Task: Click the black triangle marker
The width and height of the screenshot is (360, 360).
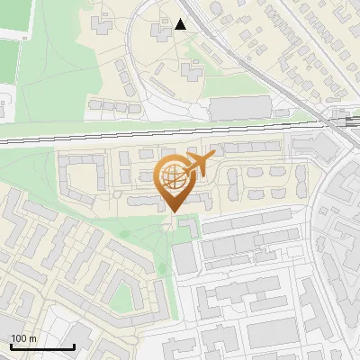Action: pyautogui.click(x=181, y=24)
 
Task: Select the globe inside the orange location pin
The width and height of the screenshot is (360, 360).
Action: pyautogui.click(x=174, y=177)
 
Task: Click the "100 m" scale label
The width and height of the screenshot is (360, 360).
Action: pyautogui.click(x=23, y=338)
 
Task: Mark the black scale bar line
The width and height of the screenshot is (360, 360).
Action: pyautogui.click(x=41, y=346)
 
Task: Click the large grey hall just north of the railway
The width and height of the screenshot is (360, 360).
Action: pyautogui.click(x=239, y=108)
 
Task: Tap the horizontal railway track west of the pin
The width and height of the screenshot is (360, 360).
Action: pyautogui.click(x=72, y=140)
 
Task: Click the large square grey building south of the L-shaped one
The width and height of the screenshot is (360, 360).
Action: pyautogui.click(x=184, y=259)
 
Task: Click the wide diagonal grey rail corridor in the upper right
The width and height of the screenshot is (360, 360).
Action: pyautogui.click(x=270, y=72)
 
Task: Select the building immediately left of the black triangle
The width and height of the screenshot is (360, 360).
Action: pyautogui.click(x=162, y=31)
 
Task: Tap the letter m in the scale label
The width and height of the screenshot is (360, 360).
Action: pyautogui.click(x=32, y=338)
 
